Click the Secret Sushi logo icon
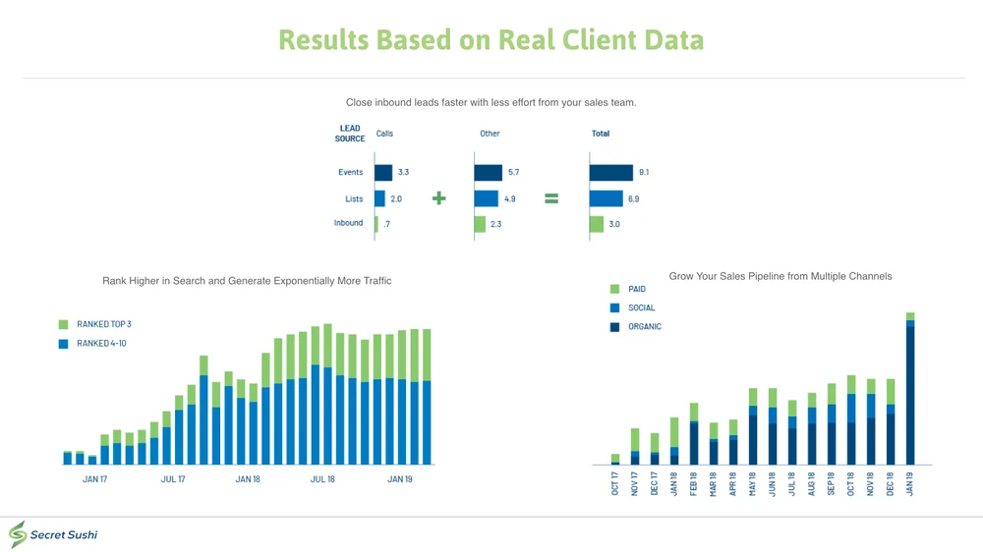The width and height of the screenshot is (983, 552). [x=18, y=534]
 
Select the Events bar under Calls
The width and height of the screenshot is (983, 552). [x=383, y=173]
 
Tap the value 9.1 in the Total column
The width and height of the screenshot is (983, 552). [x=644, y=173]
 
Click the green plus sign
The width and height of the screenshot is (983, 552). [x=439, y=198]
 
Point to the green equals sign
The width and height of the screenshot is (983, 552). [x=551, y=198]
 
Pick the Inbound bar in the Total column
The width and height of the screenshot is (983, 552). [x=597, y=224]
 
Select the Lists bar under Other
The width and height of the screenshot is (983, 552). [x=487, y=198]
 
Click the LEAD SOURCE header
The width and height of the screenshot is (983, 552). [x=350, y=134]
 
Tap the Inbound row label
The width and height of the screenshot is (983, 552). [x=348, y=223]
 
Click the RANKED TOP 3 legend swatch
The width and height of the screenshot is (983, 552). [x=64, y=324]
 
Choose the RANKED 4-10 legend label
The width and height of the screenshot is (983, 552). [x=101, y=344]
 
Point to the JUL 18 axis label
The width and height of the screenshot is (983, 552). [x=322, y=479]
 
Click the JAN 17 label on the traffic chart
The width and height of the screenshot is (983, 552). [x=94, y=479]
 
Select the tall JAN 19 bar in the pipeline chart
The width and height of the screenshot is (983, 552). [x=910, y=393]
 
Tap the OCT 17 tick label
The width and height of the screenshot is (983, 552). [x=615, y=484]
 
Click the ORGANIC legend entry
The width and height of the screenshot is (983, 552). [x=645, y=327]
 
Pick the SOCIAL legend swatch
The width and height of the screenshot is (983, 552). [x=615, y=308]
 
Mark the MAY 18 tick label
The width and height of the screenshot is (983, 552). [x=753, y=484]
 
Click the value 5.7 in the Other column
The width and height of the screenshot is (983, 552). [x=513, y=173]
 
